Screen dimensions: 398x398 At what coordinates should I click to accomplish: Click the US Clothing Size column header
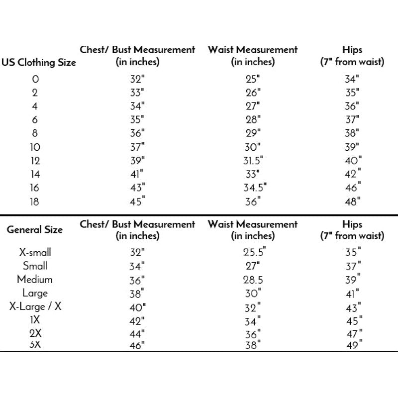click(x=39, y=63)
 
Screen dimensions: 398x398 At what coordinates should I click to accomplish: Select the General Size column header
click(x=35, y=230)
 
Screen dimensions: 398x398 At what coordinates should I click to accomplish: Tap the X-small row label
click(x=35, y=252)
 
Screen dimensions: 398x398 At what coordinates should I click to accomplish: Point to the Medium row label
click(x=35, y=279)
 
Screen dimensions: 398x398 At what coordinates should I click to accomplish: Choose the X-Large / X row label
click(x=35, y=306)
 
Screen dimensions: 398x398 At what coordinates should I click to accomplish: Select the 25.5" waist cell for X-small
click(x=253, y=252)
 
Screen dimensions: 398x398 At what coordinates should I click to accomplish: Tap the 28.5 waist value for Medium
click(x=253, y=279)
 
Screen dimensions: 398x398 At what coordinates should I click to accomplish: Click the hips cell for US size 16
click(x=353, y=188)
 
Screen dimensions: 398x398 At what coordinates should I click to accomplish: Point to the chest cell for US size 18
click(x=136, y=201)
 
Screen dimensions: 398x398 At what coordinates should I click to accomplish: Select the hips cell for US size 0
click(x=352, y=79)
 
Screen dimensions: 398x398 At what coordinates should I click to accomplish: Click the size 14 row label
click(x=35, y=174)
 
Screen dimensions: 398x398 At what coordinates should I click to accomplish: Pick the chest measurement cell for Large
click(x=136, y=293)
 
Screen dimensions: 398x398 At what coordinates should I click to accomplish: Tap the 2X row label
click(x=35, y=333)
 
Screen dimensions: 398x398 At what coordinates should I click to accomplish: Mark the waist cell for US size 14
click(x=252, y=174)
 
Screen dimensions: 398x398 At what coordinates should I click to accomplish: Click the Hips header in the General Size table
click(x=352, y=230)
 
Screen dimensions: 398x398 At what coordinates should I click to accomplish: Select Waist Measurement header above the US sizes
click(x=253, y=56)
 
